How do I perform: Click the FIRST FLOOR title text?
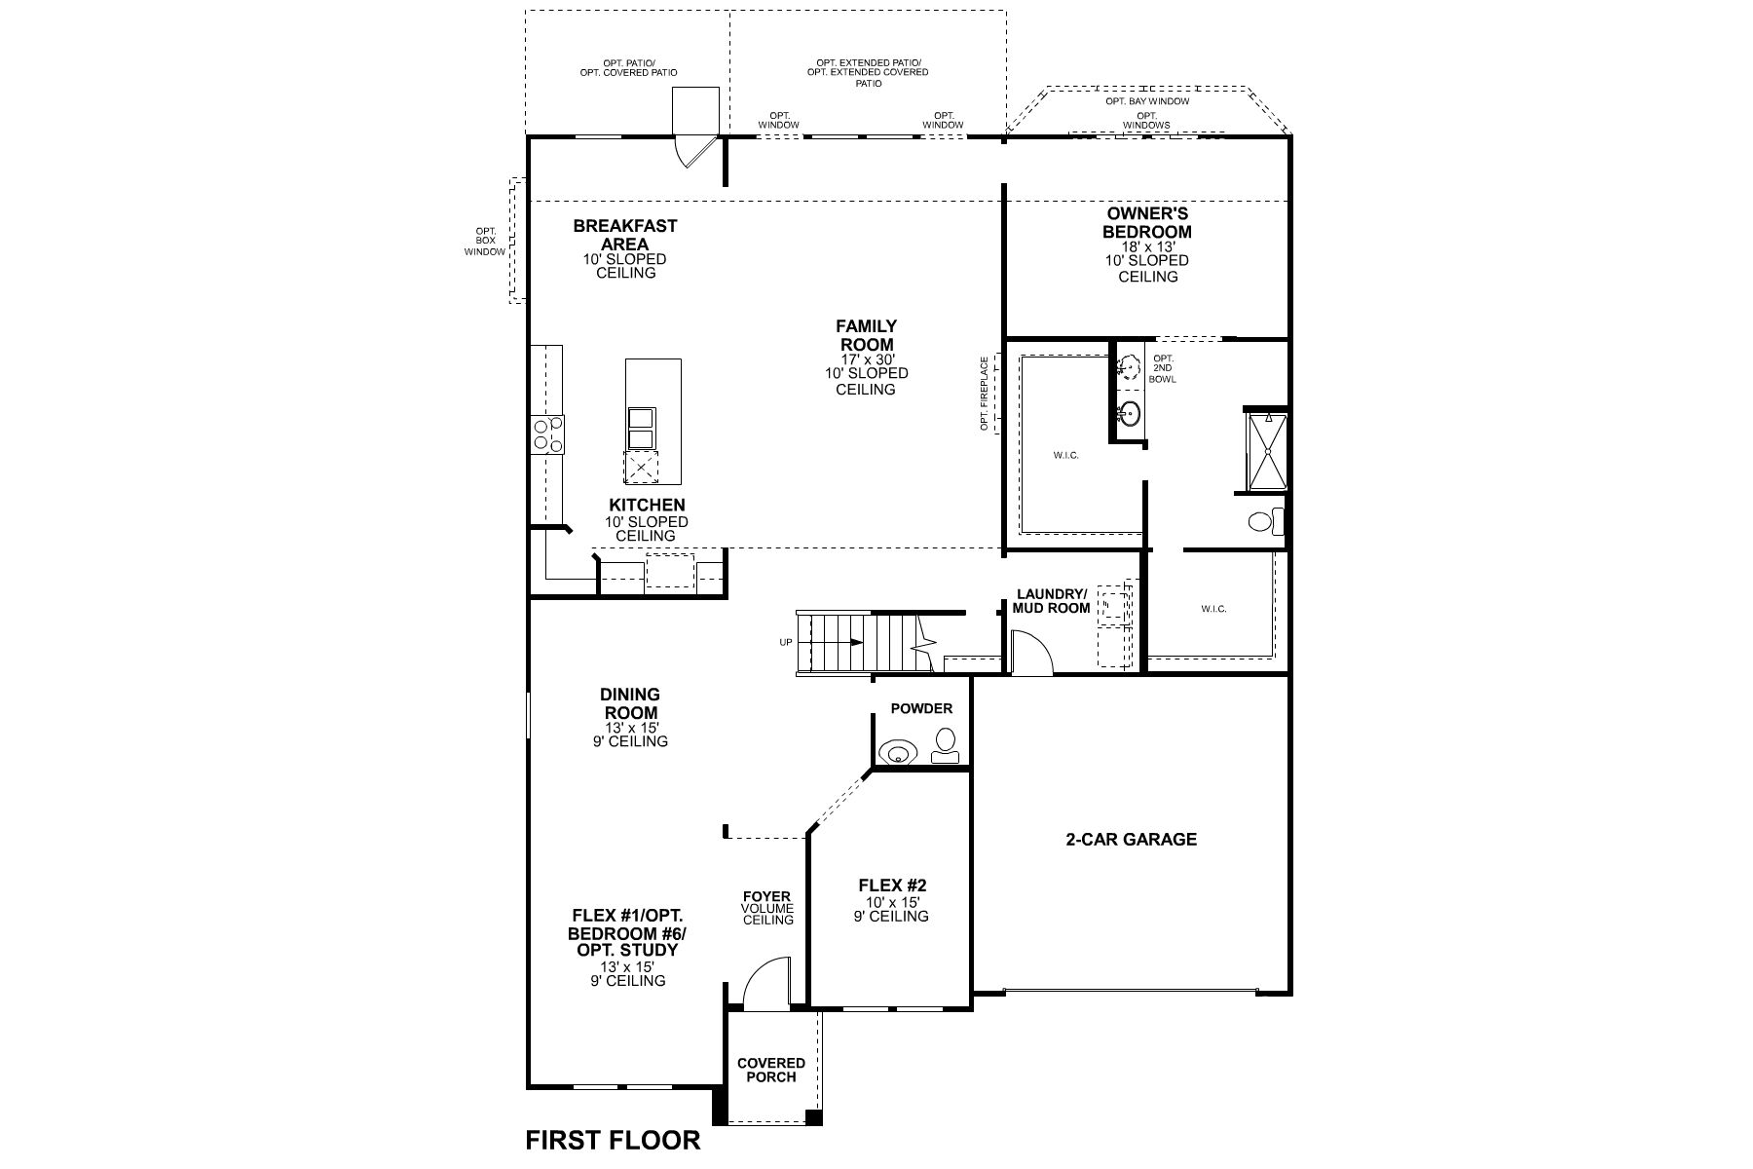click(613, 1140)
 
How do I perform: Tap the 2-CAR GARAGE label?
click(1131, 839)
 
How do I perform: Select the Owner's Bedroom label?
click(1146, 223)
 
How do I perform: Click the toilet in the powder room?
click(944, 746)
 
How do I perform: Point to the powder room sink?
click(897, 752)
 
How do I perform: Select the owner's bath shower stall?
click(1267, 450)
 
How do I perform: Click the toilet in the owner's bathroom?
click(1264, 521)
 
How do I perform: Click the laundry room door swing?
click(1030, 652)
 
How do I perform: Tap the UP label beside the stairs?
click(785, 642)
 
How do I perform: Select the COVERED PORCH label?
click(771, 1070)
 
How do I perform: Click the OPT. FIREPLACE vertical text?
click(985, 394)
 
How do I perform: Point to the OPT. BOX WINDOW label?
click(486, 241)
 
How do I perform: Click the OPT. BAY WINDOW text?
click(1146, 101)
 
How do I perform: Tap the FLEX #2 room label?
click(892, 886)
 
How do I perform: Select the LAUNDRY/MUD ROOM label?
click(1051, 601)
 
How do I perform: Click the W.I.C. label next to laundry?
click(1213, 609)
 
